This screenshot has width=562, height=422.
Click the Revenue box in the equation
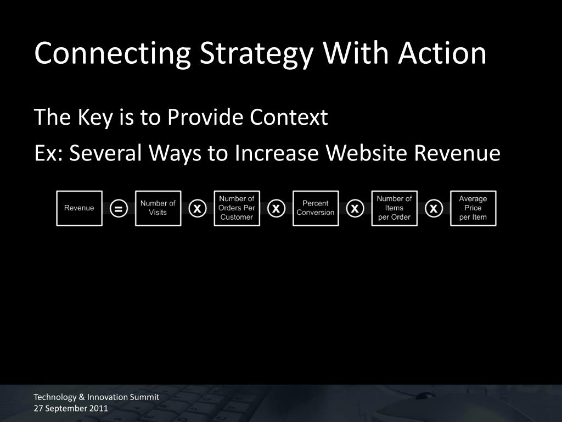click(x=79, y=208)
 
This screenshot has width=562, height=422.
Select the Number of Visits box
click(x=158, y=208)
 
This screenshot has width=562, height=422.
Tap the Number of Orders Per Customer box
click(x=237, y=208)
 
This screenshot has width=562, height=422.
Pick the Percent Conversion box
click(x=316, y=208)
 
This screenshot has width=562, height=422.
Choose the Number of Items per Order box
click(x=394, y=208)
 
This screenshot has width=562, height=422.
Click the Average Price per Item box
click(x=473, y=208)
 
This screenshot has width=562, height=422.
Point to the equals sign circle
click(x=119, y=208)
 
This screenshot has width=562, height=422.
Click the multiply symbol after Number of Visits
click(x=198, y=208)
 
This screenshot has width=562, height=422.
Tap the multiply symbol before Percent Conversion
click(x=276, y=208)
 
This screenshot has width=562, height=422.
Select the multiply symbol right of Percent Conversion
click(x=355, y=208)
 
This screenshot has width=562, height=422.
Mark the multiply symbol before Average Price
click(x=434, y=208)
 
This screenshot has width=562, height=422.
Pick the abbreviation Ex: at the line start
click(x=48, y=153)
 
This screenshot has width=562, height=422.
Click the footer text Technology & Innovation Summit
click(x=97, y=397)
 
